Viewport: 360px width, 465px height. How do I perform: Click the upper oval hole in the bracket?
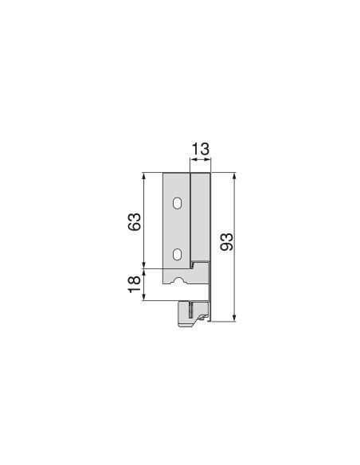177,204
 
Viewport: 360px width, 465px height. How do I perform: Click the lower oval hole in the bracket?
177,256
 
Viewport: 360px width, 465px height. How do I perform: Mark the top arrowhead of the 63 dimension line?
143,175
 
